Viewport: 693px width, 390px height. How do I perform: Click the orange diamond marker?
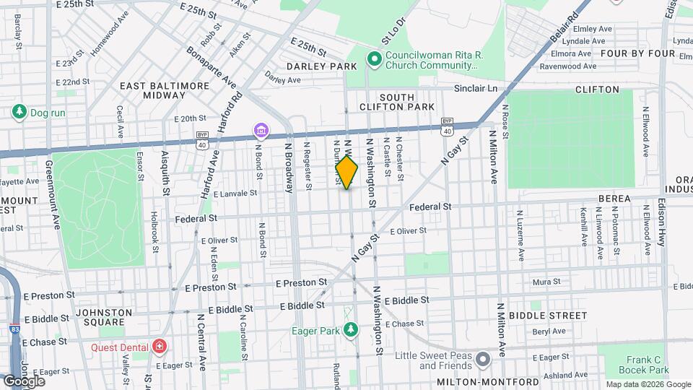[x=346, y=173]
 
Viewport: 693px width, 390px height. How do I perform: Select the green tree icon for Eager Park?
[x=351, y=330]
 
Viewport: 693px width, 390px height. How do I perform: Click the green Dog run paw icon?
[x=18, y=112]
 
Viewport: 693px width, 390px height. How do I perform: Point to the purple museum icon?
[x=261, y=131]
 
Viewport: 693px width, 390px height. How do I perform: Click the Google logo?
[x=24, y=381]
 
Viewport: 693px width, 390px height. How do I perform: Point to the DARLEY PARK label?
[x=321, y=66]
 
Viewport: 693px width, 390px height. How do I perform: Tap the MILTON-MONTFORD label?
[x=497, y=381]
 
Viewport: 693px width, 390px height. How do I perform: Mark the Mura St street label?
[x=541, y=282]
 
